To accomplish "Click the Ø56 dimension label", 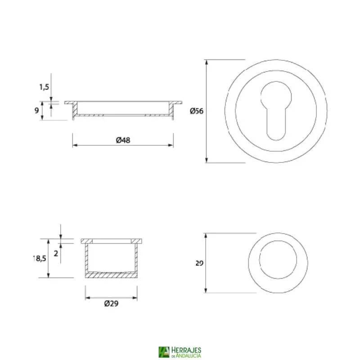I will coord(197,111).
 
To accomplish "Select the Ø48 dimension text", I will coord(123,140).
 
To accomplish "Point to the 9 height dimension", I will coord(36,110).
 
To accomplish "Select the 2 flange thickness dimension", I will coord(56,253).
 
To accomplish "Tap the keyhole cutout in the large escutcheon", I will coord(276,108).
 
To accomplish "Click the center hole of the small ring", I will coord(278,262).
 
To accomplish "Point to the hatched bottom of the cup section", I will coord(111,274).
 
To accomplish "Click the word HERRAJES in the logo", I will coord(186,350).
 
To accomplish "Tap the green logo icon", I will coord(164,352).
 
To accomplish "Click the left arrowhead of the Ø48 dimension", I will coord(75,145).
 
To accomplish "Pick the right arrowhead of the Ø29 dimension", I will coord(135,297).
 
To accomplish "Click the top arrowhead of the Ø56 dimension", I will coord(207,62).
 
